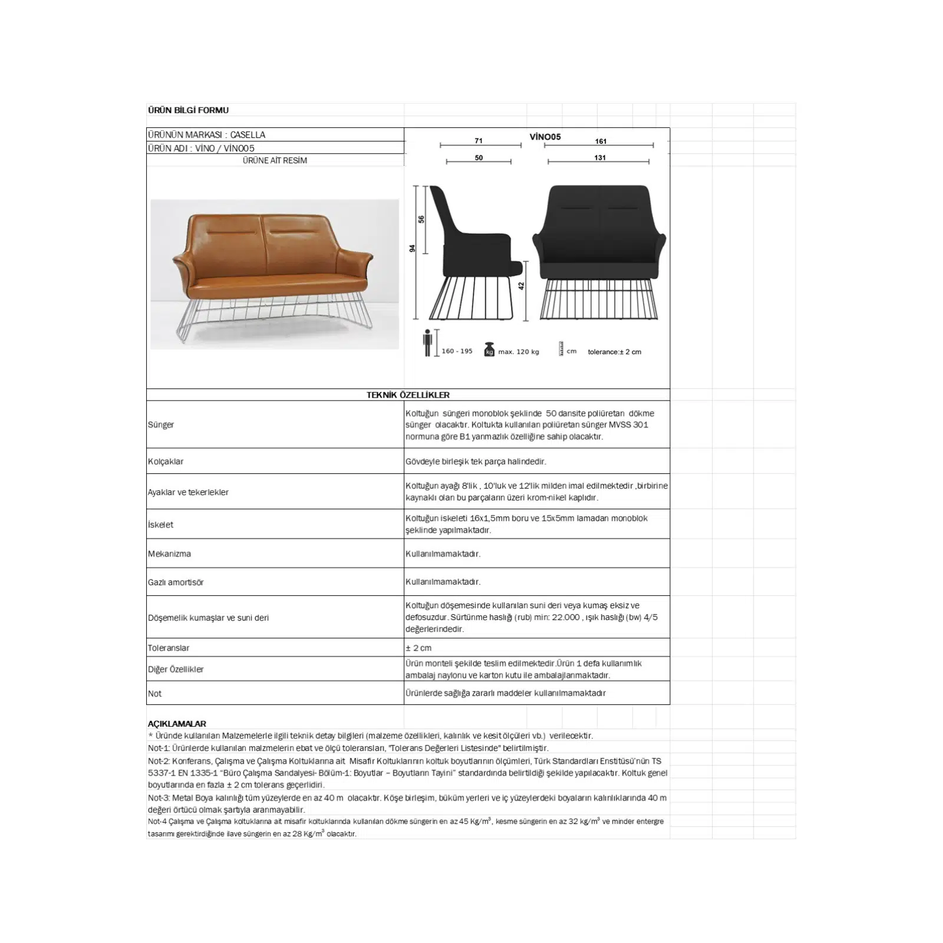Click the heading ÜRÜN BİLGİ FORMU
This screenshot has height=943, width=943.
pos(188,110)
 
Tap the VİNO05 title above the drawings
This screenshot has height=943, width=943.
pos(545,137)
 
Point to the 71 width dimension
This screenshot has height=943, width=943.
pos(479,141)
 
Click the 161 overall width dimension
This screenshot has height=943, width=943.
pos(601,141)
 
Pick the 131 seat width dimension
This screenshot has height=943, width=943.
pos(600,158)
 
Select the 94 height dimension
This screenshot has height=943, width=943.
pos(413,249)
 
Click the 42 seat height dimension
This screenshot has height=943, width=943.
pos(521,286)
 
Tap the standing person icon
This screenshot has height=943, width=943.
pos(428,343)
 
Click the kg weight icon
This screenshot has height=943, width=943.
pos(489,349)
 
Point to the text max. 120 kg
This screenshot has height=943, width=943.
pos(519,352)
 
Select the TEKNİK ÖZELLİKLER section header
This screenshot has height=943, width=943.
pos(408,395)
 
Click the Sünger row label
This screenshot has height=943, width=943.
pos(161,425)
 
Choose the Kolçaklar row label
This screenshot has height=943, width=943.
pos(166,461)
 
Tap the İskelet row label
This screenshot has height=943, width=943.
pos(160,525)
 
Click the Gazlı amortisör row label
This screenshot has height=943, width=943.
pos(176,582)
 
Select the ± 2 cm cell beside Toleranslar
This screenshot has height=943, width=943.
pos(418,648)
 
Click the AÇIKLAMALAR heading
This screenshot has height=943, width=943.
pos(177,724)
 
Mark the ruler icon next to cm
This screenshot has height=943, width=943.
pos(561,348)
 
